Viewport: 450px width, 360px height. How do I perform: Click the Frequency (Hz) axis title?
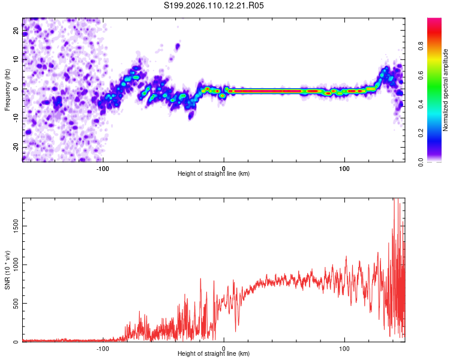[x=7, y=89]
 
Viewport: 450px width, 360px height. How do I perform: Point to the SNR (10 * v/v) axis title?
[x=7, y=270]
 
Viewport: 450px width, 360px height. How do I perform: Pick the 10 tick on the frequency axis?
[x=16, y=59]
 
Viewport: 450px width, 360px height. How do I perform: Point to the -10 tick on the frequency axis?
[x=16, y=118]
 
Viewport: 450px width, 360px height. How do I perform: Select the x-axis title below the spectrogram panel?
[x=214, y=174]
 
